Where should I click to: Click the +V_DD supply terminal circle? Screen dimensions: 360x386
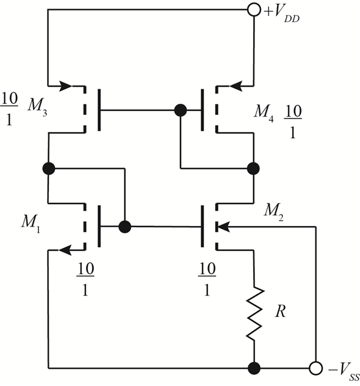coord(254,10)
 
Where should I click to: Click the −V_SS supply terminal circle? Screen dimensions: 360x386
coord(315,368)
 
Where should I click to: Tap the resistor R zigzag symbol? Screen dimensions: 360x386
coord(254,313)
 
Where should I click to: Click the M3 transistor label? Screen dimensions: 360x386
coord(37,106)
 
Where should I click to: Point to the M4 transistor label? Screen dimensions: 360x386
coord(264,112)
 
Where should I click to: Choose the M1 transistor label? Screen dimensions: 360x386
coord(31,222)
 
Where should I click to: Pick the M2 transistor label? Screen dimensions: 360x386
coord(273,212)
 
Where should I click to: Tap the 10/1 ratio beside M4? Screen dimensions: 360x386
coord(293,122)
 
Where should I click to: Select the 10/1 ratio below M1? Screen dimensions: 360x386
coord(85,279)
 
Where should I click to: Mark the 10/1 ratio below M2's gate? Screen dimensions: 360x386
coord(207,279)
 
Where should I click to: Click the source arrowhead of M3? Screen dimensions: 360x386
coord(66,86)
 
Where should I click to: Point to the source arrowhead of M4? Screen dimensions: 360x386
coord(236,86)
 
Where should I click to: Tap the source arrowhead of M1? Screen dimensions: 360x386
coord(65,250)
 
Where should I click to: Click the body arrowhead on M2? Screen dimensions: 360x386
coord(223,227)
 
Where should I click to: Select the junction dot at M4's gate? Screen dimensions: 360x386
coord(181,111)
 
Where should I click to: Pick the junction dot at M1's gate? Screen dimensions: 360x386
coord(125,227)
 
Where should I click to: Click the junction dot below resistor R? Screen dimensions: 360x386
coord(254,368)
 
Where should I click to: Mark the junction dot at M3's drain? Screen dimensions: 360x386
coord(49,169)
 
